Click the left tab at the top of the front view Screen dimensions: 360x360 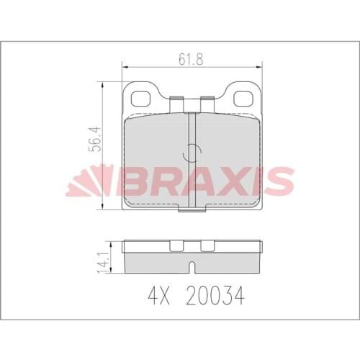(x=175, y=105)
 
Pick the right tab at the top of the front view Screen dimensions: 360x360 (x=207, y=105)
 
